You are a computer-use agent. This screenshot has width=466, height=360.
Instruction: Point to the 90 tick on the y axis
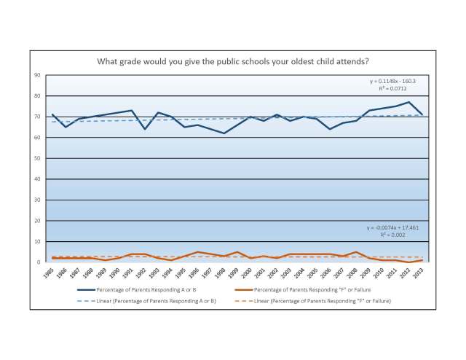[37, 75]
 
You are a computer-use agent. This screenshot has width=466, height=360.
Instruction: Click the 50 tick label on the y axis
[37, 158]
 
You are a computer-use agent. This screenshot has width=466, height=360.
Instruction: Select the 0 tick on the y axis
[39, 262]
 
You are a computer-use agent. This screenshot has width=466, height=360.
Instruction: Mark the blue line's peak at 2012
[409, 102]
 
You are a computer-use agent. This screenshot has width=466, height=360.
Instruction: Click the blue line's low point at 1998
[224, 133]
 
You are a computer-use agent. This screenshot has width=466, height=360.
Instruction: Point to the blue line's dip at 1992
[145, 129]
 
